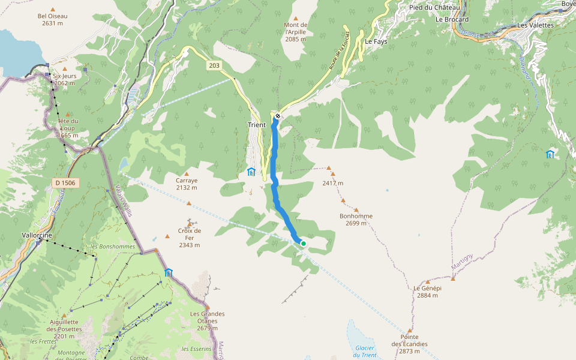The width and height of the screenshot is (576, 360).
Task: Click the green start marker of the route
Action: tap(304, 243)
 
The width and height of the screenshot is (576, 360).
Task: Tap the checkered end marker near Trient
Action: tap(278, 116)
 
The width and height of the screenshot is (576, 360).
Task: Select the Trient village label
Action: tap(257, 125)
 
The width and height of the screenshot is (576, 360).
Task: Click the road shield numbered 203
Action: tap(215, 65)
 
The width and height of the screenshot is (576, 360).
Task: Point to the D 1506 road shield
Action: tap(64, 182)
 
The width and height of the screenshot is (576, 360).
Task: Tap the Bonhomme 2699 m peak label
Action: tap(356, 220)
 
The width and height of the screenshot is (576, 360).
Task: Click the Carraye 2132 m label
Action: tap(187, 184)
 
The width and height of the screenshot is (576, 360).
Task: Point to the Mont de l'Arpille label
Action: tap(295, 32)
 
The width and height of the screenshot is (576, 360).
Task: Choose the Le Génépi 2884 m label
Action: tap(427, 291)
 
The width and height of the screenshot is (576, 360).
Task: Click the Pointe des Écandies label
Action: tap(410, 340)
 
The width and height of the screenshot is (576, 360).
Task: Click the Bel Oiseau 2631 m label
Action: tap(53, 20)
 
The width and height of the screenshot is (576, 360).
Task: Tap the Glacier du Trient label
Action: tap(364, 352)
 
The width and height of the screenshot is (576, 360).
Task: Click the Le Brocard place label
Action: tap(452, 19)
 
